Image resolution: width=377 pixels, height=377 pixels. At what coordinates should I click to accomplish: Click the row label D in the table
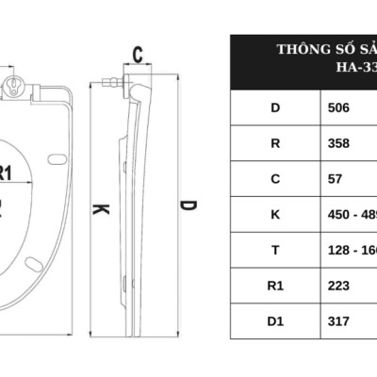[274, 107]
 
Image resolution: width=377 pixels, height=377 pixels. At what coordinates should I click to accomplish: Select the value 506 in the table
[337, 107]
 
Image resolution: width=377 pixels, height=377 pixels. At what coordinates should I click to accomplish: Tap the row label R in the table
[274, 143]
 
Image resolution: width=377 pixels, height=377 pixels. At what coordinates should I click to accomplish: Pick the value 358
[337, 143]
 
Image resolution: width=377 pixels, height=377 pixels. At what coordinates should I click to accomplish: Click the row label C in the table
[274, 179]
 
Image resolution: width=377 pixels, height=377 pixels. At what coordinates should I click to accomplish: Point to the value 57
[334, 179]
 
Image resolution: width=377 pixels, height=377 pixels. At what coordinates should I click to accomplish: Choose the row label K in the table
[274, 214]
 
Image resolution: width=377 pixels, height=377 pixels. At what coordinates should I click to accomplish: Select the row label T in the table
[274, 250]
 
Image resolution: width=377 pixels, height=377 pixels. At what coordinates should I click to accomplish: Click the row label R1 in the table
[274, 286]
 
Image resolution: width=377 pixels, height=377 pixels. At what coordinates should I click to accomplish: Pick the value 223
[337, 286]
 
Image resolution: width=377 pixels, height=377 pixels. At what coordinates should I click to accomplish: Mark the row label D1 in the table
[274, 320]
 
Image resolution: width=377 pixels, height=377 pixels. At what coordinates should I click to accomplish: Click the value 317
[337, 320]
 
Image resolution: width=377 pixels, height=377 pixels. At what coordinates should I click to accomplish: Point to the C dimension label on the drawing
[138, 55]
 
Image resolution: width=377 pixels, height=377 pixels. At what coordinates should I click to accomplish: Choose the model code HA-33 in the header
[355, 68]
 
